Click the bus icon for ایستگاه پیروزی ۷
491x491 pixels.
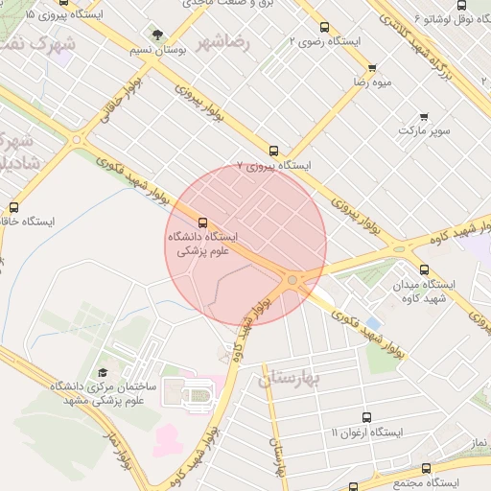[274, 151]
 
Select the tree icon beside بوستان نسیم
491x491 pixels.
[156, 35]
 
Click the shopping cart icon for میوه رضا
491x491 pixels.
[372, 68]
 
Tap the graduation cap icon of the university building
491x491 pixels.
[103, 373]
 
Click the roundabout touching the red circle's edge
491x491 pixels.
[292, 279]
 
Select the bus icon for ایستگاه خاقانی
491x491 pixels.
[13, 207]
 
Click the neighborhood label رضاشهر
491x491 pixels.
[223, 42]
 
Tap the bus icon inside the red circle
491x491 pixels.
[201, 222]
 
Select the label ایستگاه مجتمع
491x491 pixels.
[426, 481]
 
